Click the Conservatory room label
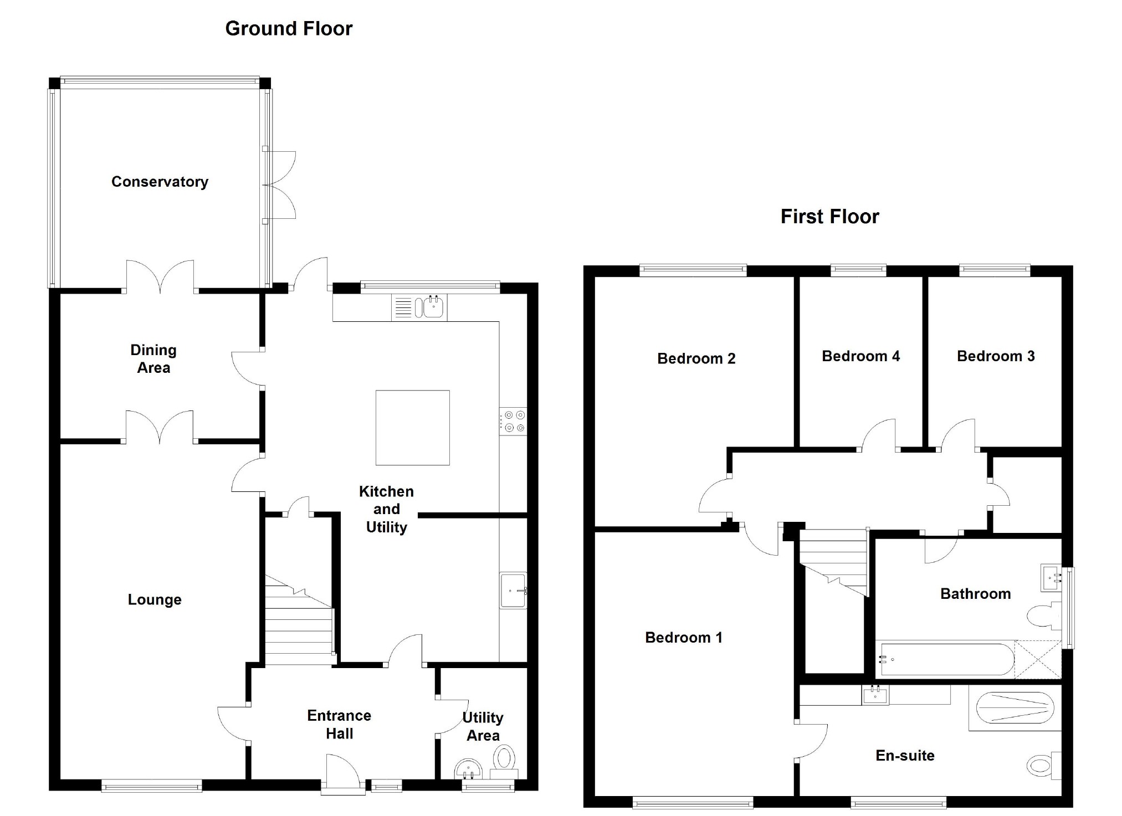tap(160, 182)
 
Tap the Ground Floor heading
tap(289, 29)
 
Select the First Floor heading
tap(829, 217)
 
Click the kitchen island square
tap(412, 428)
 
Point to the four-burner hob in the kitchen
tap(513, 422)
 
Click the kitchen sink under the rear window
tap(433, 307)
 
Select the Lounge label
tap(155, 600)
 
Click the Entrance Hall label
tap(339, 725)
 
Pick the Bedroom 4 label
tap(860, 356)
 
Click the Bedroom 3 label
tap(996, 356)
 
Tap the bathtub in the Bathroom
tap(945, 659)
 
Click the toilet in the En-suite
tap(1042, 766)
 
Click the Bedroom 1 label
tap(684, 638)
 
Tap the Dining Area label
tap(153, 359)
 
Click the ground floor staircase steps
tap(298, 632)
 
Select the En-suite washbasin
tap(875, 695)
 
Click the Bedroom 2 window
tap(693, 270)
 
